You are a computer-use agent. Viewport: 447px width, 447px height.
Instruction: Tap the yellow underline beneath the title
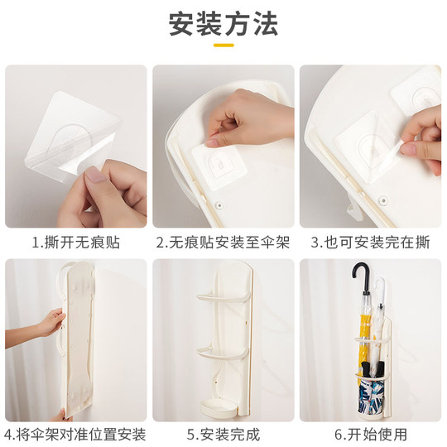coord(223,45)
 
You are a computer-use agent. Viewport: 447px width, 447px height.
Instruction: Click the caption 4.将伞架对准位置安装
coord(75,434)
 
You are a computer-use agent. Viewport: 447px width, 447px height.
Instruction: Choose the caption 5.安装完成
coord(223,434)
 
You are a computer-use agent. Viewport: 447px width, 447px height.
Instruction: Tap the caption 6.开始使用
coord(371,434)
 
